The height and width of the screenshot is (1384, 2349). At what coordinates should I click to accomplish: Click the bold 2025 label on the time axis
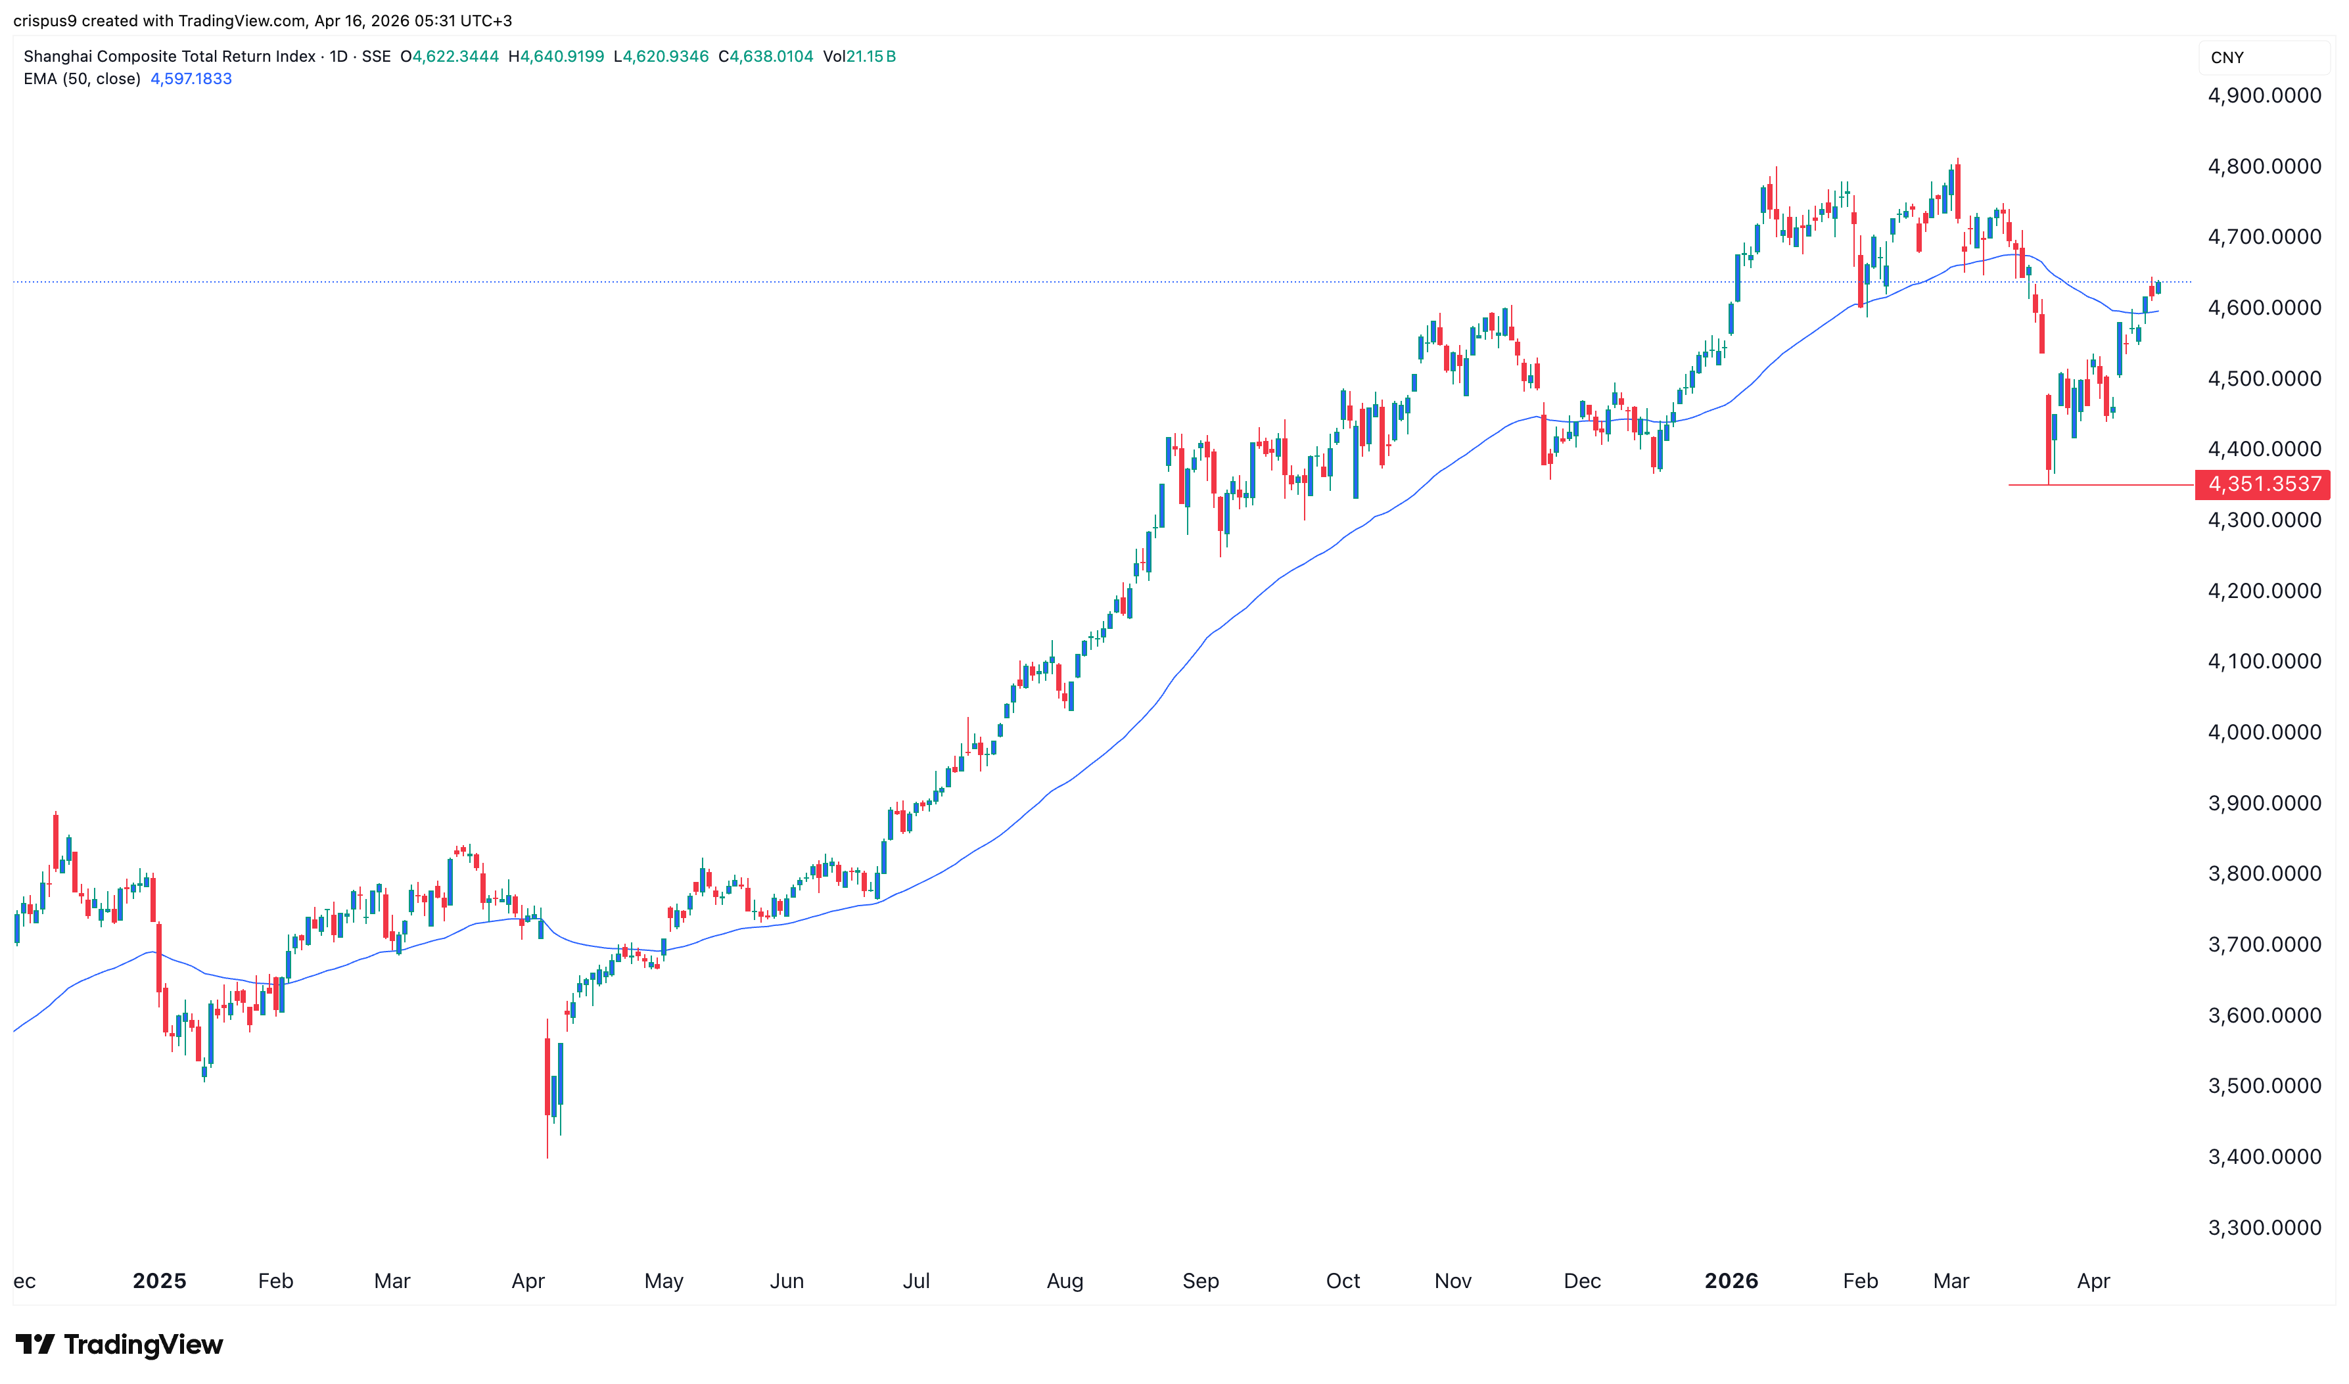pos(160,1280)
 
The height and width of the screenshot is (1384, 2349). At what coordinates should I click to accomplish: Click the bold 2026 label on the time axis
pos(1731,1280)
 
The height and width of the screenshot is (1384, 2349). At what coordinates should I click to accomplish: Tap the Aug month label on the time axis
pos(1065,1280)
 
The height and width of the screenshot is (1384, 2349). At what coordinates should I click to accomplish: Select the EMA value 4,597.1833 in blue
pos(191,78)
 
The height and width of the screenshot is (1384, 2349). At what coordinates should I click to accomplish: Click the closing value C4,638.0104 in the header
pos(766,56)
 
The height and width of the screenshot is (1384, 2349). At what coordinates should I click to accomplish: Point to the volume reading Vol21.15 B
pos(859,56)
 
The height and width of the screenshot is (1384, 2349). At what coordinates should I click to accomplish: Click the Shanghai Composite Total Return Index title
pos(169,56)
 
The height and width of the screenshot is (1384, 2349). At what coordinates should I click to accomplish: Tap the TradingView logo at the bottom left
pos(120,1344)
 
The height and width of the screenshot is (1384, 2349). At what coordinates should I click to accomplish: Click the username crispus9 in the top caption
pos(45,20)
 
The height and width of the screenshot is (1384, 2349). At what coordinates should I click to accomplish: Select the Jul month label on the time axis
pos(916,1280)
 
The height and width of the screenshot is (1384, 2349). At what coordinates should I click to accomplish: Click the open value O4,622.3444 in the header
pos(450,56)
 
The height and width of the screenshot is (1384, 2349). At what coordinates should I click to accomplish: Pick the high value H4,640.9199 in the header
pos(556,56)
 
